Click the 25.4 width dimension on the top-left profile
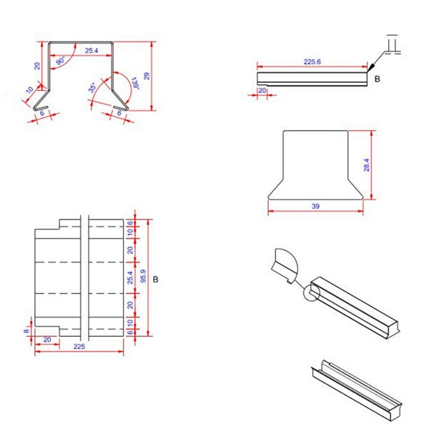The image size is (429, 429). pyautogui.click(x=92, y=51)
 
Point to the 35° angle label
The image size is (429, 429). pyautogui.click(x=92, y=89)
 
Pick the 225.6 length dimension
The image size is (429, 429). pyautogui.click(x=312, y=62)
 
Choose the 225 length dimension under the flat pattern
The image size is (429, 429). pyautogui.click(x=79, y=346)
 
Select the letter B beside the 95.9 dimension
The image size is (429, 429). pyautogui.click(x=155, y=278)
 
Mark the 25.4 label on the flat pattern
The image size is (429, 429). pyautogui.click(x=129, y=277)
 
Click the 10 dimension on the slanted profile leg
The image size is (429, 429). pyautogui.click(x=30, y=90)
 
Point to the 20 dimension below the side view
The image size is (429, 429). pyautogui.click(x=262, y=91)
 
